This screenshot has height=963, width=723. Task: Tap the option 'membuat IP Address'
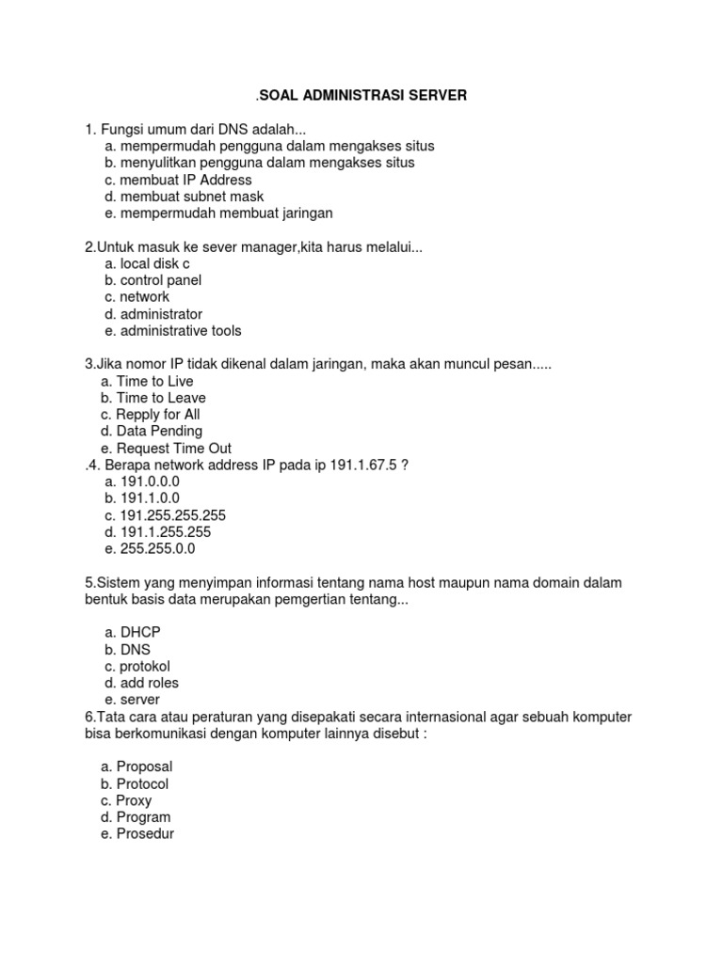[185, 180]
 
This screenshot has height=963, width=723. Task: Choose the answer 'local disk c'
[154, 263]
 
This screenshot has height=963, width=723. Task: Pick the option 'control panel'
[160, 280]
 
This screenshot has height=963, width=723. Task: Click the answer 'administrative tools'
[180, 331]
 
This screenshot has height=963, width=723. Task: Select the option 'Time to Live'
[154, 381]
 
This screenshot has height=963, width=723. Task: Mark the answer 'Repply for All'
[158, 415]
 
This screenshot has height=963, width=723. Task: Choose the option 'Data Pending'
[159, 432]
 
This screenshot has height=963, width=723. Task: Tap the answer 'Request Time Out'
[173, 449]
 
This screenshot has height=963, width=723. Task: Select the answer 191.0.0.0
[149, 481]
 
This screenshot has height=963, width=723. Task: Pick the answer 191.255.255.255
[172, 515]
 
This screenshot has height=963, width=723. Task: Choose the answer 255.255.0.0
[157, 549]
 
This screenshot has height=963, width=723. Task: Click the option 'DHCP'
[140, 632]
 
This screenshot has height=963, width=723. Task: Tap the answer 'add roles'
[149, 683]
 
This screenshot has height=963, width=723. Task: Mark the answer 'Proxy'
[134, 800]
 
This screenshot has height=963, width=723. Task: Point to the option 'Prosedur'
[145, 834]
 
